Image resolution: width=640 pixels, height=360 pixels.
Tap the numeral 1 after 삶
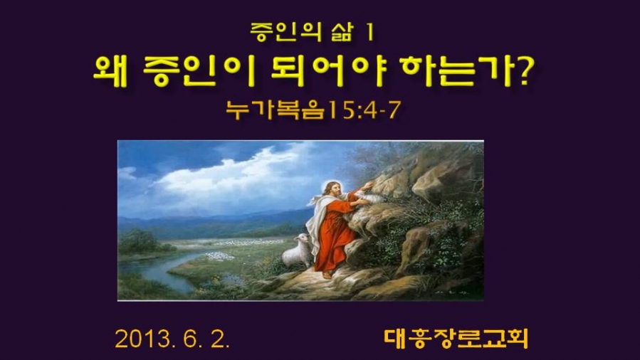click(370, 32)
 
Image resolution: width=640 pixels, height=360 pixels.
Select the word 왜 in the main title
click(111, 71)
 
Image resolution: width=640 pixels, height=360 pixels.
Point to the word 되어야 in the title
click(328, 71)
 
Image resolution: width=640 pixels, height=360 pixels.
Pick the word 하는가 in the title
click(457, 71)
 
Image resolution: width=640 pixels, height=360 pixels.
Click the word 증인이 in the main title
click(199, 71)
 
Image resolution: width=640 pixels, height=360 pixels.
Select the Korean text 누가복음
click(276, 110)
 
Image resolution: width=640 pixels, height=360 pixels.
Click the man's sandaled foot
click(327, 275)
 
